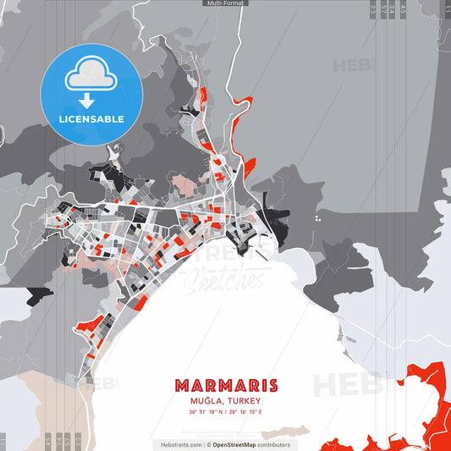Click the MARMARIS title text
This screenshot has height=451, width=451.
click(x=225, y=386)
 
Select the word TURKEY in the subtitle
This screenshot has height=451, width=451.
click(x=243, y=401)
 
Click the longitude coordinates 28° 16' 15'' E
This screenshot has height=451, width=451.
click(x=245, y=412)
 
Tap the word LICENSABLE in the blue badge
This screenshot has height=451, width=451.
click(x=91, y=118)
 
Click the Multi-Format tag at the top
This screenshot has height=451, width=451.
click(x=225, y=3)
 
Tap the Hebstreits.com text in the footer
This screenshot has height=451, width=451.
click(x=180, y=444)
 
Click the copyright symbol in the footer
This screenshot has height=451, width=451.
click(x=209, y=444)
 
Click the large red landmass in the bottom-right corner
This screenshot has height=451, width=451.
click(x=423, y=398)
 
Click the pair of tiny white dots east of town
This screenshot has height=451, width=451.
click(x=317, y=218)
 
